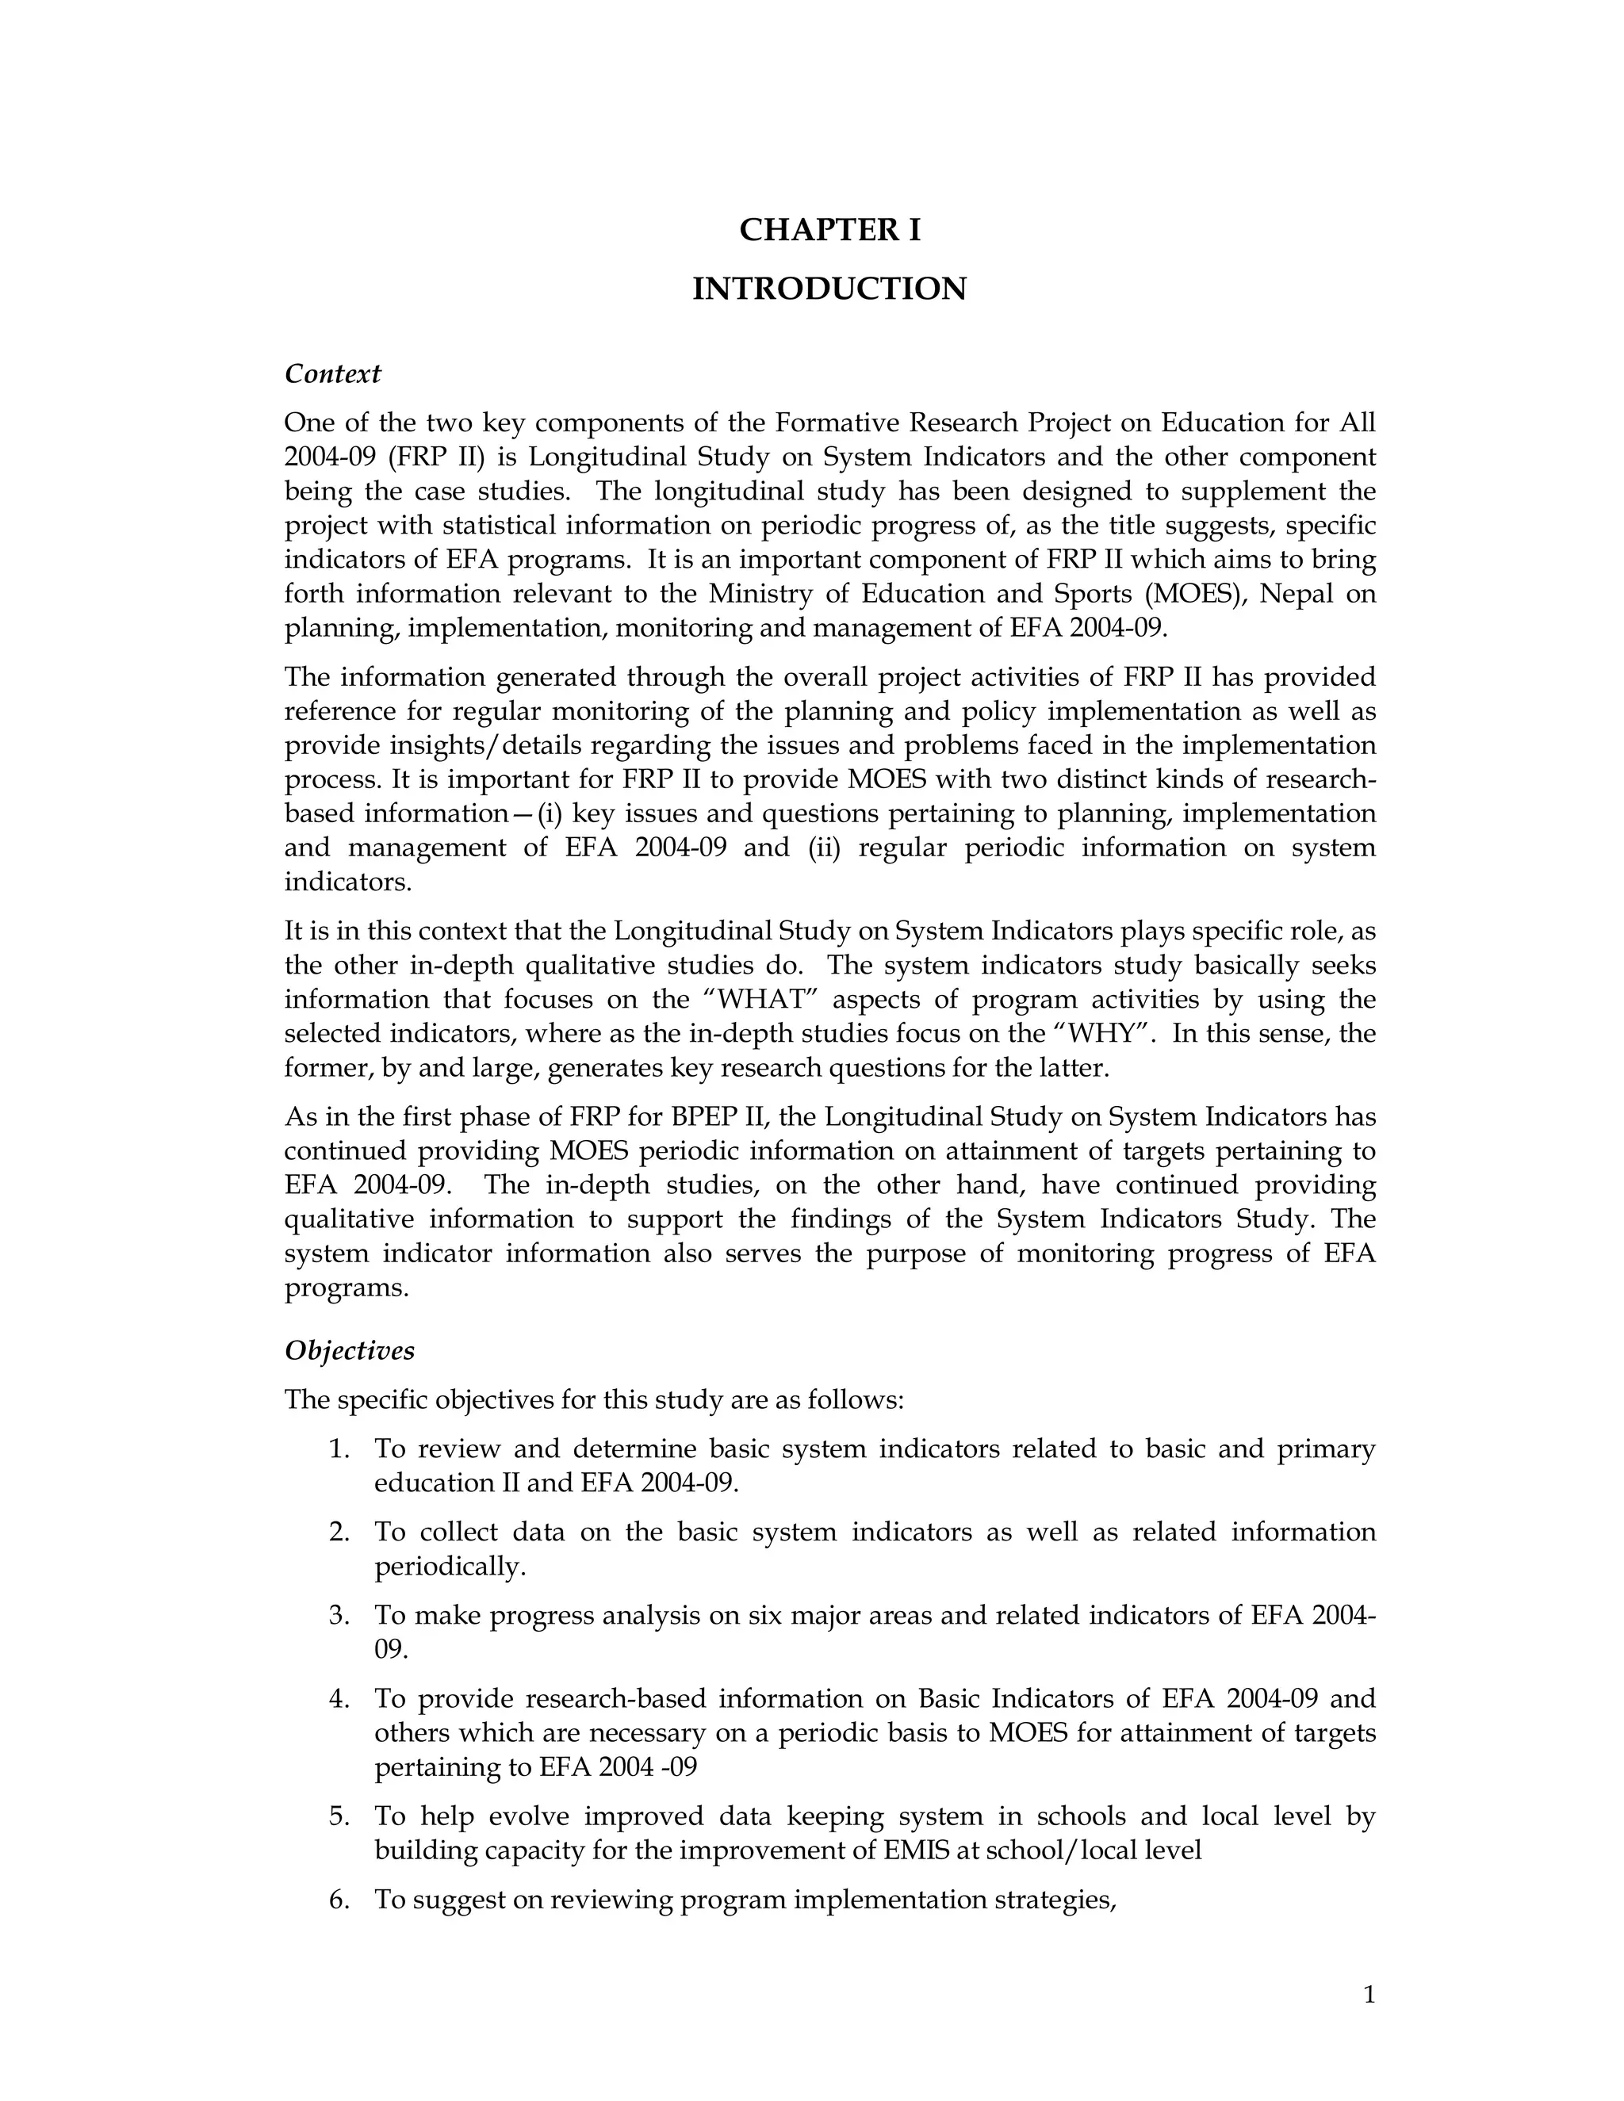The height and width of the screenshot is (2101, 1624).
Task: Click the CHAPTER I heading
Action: pos(829,230)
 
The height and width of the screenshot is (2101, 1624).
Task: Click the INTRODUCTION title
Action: pos(829,289)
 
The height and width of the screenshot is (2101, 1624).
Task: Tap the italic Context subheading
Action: pos(332,373)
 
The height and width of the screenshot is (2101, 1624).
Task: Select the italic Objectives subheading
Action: pos(349,1351)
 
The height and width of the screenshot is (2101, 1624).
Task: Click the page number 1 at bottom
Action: pos(1369,1996)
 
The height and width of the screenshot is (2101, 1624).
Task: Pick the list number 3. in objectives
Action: pos(338,1615)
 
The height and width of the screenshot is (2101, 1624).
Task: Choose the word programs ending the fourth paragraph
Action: pos(346,1288)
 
